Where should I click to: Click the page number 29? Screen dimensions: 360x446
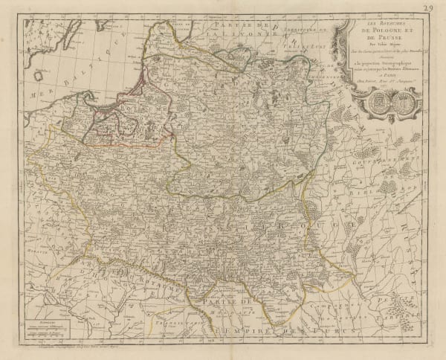(x=433, y=9)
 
